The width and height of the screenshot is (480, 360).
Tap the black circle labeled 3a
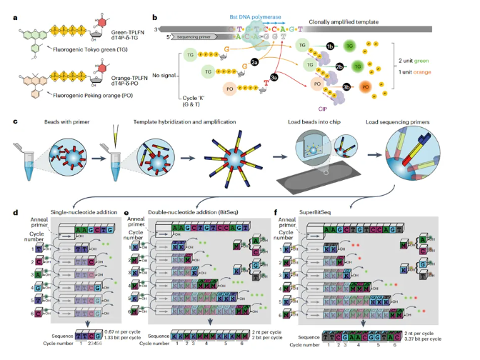[274, 76]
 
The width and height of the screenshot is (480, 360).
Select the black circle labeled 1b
[330, 46]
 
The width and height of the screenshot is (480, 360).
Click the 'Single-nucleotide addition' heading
[59, 211]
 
